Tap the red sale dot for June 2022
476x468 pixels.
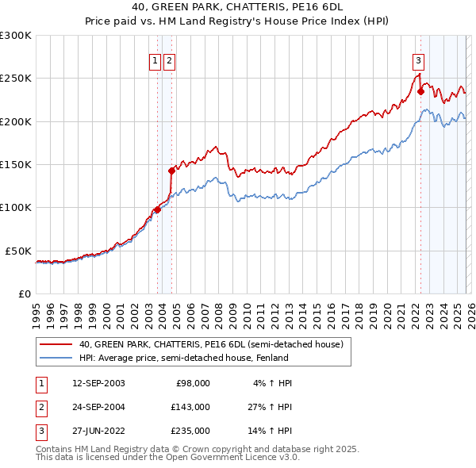pos(420,91)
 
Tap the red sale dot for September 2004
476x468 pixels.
pos(171,170)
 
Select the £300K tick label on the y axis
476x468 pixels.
pos(16,36)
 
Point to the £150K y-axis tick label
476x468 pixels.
pos(16,164)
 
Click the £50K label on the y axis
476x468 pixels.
pos(19,250)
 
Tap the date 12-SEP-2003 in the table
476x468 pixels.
pos(98,383)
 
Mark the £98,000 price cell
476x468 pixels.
pos(191,383)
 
